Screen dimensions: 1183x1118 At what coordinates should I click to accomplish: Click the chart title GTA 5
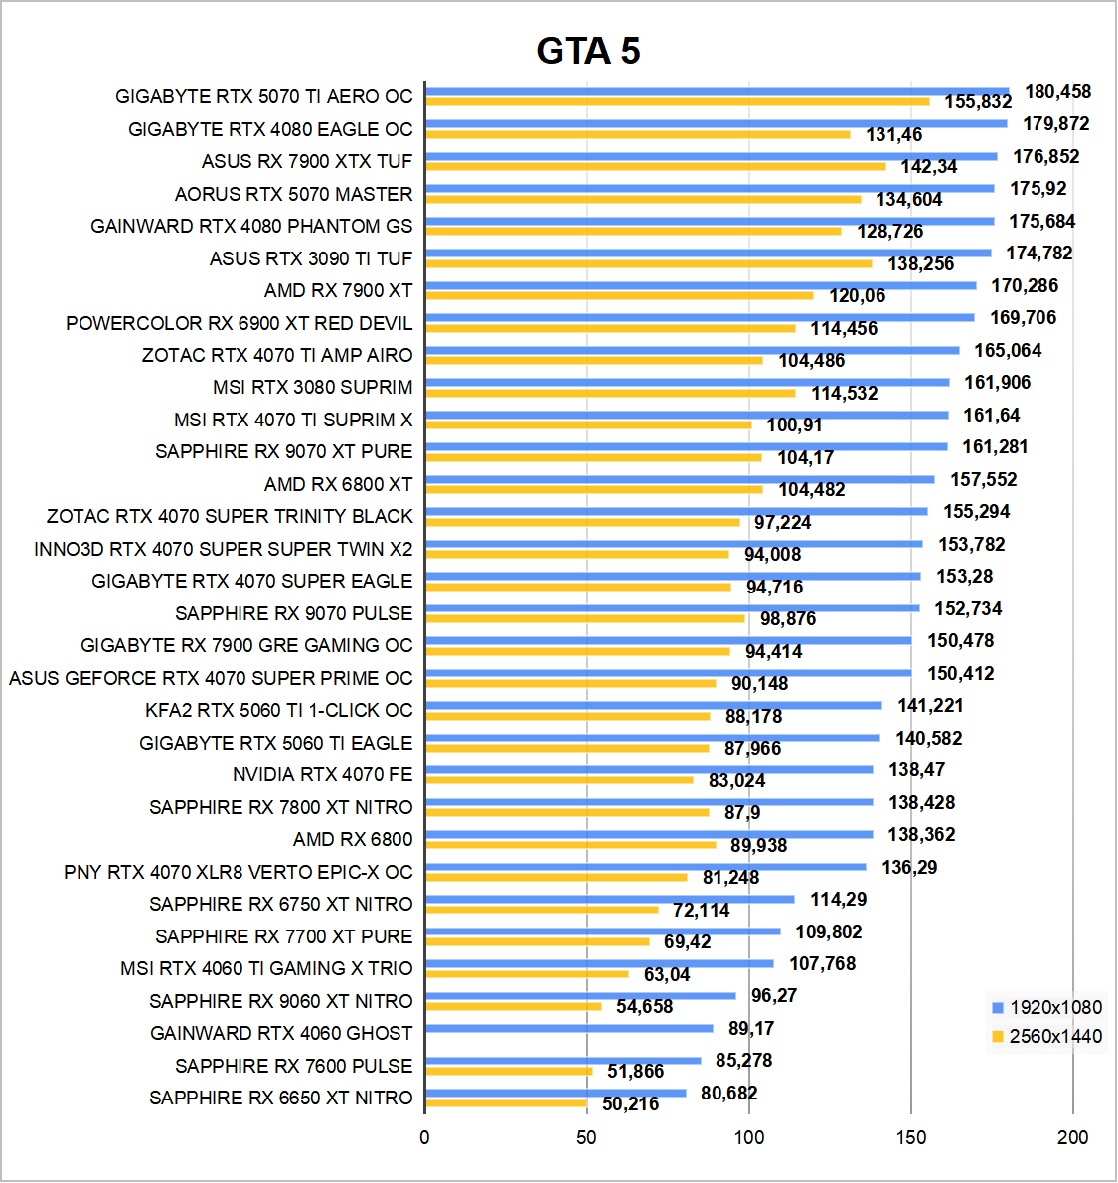click(x=588, y=51)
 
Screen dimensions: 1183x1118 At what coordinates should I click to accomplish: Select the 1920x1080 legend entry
click(x=1046, y=1007)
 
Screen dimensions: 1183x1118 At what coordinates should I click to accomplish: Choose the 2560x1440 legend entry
click(x=1046, y=1036)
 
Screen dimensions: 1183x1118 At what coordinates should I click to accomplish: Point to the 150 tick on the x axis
click(x=910, y=1137)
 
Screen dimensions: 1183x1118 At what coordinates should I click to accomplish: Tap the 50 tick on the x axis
click(x=586, y=1137)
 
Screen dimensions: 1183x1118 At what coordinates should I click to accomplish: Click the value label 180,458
click(x=1057, y=92)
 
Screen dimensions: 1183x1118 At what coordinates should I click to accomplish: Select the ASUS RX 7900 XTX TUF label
click(x=306, y=161)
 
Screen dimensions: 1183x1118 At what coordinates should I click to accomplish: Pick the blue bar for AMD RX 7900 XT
click(x=701, y=285)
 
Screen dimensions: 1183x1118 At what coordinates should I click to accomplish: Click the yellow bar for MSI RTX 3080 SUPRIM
click(x=610, y=393)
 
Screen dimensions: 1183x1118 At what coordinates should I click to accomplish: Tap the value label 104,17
click(x=805, y=457)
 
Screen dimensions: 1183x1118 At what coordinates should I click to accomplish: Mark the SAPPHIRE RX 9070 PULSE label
click(x=293, y=613)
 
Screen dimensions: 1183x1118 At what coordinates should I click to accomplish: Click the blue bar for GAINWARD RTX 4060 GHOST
click(x=569, y=1028)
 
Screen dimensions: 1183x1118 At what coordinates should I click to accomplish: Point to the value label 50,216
click(x=630, y=1103)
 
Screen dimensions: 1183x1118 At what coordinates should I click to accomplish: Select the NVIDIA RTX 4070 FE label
click(x=322, y=774)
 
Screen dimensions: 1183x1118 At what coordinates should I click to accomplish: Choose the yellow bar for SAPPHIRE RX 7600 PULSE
click(x=509, y=1071)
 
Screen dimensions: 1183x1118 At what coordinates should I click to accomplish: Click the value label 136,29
click(x=908, y=867)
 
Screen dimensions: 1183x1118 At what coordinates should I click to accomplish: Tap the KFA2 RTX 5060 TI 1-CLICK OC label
click(x=278, y=710)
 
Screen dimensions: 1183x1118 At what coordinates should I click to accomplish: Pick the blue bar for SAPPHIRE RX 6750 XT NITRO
click(x=610, y=899)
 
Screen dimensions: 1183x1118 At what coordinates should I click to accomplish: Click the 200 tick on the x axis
click(x=1072, y=1137)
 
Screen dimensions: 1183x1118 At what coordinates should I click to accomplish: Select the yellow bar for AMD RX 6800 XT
click(x=594, y=489)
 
